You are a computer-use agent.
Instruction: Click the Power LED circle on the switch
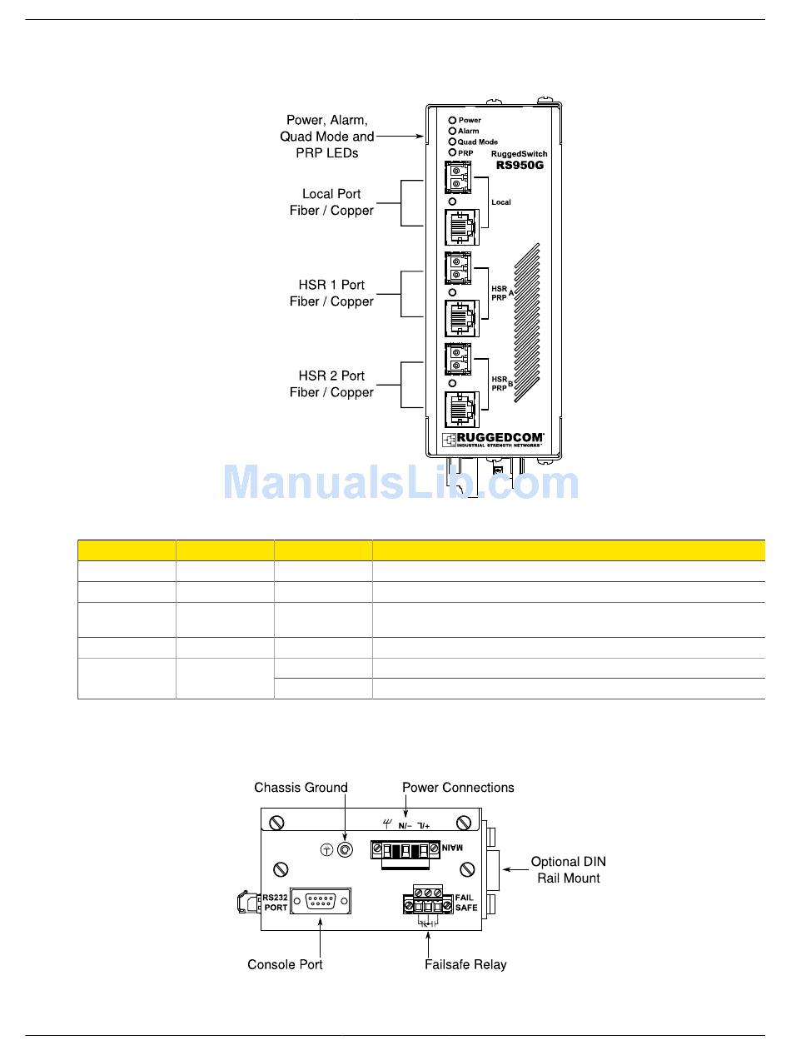pos(453,120)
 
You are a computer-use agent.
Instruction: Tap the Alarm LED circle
pos(453,131)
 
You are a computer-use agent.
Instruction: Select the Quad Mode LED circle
pos(453,142)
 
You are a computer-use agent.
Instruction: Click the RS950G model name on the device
pos(520,165)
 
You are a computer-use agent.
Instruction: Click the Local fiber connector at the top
pos(457,178)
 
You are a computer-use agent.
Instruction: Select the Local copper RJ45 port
pos(460,226)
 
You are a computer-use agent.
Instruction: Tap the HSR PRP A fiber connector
pos(457,269)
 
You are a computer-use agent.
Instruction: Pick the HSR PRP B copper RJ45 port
pos(460,409)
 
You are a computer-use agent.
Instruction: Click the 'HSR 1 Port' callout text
pos(331,285)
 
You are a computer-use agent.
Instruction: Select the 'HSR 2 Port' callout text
pos(331,376)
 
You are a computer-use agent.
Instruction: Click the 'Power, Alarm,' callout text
pos(326,121)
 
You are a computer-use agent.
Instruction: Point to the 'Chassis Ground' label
pos(301,788)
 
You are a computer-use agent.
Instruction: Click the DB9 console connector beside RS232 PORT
pos(321,901)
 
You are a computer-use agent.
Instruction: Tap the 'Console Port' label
pos(285,964)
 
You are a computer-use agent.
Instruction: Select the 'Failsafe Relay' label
pos(465,964)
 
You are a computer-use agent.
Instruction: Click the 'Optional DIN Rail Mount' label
pos(569,870)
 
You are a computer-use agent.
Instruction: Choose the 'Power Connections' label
pos(458,788)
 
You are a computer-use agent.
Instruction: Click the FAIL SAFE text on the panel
pos(466,903)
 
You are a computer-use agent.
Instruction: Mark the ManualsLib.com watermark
pos(400,483)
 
